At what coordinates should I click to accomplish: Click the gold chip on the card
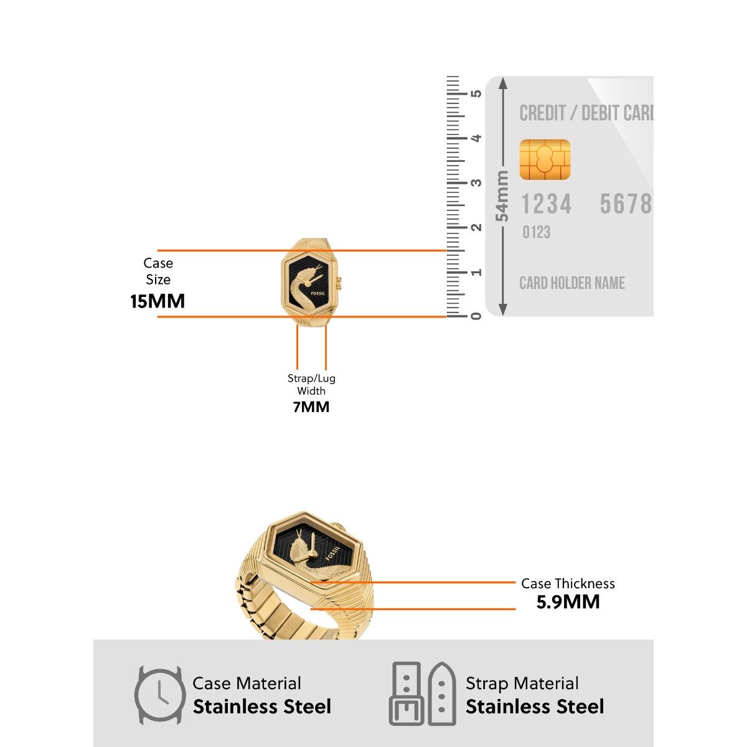click(x=545, y=160)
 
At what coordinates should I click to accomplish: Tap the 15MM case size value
click(x=157, y=301)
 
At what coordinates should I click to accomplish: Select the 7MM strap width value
click(x=311, y=407)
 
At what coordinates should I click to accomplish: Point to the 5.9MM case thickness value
click(x=568, y=602)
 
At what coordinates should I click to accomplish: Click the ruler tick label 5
click(x=476, y=94)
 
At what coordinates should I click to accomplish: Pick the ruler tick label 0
click(x=476, y=316)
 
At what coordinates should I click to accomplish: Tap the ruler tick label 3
click(x=476, y=183)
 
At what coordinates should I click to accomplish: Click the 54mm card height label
click(x=502, y=196)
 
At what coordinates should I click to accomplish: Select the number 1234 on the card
click(x=546, y=204)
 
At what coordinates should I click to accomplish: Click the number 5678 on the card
click(x=625, y=204)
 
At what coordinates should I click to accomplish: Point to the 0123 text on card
click(x=536, y=233)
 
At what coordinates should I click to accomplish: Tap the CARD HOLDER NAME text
click(x=572, y=283)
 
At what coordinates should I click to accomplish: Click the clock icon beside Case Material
click(x=160, y=695)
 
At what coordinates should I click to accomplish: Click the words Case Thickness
click(x=568, y=584)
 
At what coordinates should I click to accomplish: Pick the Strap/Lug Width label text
click(x=311, y=385)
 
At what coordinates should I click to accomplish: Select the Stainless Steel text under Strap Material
click(x=535, y=707)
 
